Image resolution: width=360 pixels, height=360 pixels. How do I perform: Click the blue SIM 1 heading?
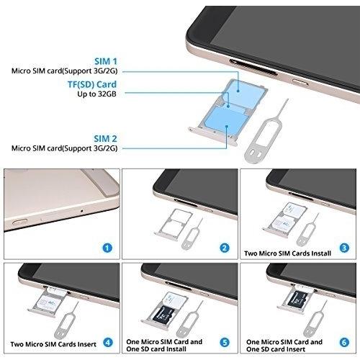106,61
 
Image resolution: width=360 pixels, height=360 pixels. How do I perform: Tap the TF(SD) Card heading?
92,84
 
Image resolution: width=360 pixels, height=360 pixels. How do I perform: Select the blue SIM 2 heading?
105,139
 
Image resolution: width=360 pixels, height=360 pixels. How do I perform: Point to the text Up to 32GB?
96,94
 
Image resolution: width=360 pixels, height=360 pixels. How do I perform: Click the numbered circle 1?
107,248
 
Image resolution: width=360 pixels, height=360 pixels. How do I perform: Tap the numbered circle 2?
225,248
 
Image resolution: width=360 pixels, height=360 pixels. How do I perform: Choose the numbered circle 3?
344,248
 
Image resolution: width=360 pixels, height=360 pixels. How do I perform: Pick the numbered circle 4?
108,342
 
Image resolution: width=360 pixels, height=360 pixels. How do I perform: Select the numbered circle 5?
225,342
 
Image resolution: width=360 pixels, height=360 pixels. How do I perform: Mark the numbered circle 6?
344,342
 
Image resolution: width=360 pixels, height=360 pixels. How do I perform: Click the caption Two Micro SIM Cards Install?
287,253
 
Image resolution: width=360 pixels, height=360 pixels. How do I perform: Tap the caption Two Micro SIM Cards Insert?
53,344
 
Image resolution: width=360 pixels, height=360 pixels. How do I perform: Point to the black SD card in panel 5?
163,315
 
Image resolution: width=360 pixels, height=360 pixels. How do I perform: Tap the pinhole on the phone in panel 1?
82,211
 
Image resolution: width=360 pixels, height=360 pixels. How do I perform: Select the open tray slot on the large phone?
253,68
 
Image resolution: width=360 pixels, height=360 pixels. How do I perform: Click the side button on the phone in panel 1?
19,221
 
